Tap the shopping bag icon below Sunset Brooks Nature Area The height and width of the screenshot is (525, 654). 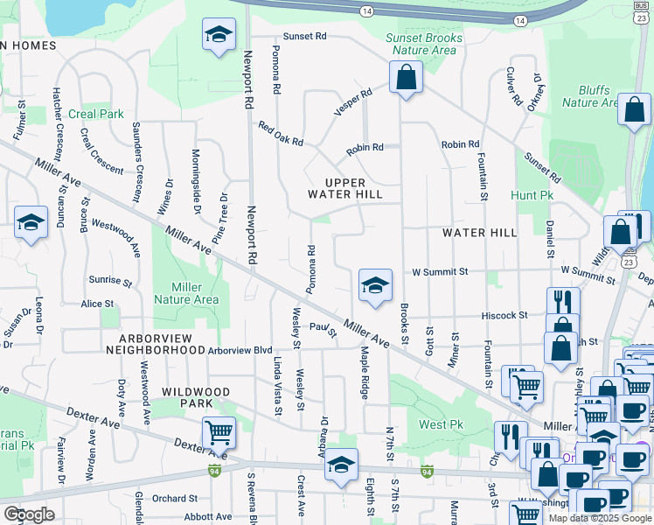click(x=406, y=79)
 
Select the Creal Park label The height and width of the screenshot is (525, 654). click(x=99, y=114)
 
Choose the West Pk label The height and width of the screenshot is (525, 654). click(x=441, y=424)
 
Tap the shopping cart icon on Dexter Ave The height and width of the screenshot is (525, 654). click(x=219, y=432)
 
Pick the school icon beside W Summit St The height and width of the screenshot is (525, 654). click(x=375, y=286)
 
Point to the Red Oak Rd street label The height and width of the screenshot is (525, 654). click(x=281, y=134)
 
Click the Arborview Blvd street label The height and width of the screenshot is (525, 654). click(x=240, y=350)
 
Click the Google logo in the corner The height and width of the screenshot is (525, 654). click(x=29, y=514)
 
